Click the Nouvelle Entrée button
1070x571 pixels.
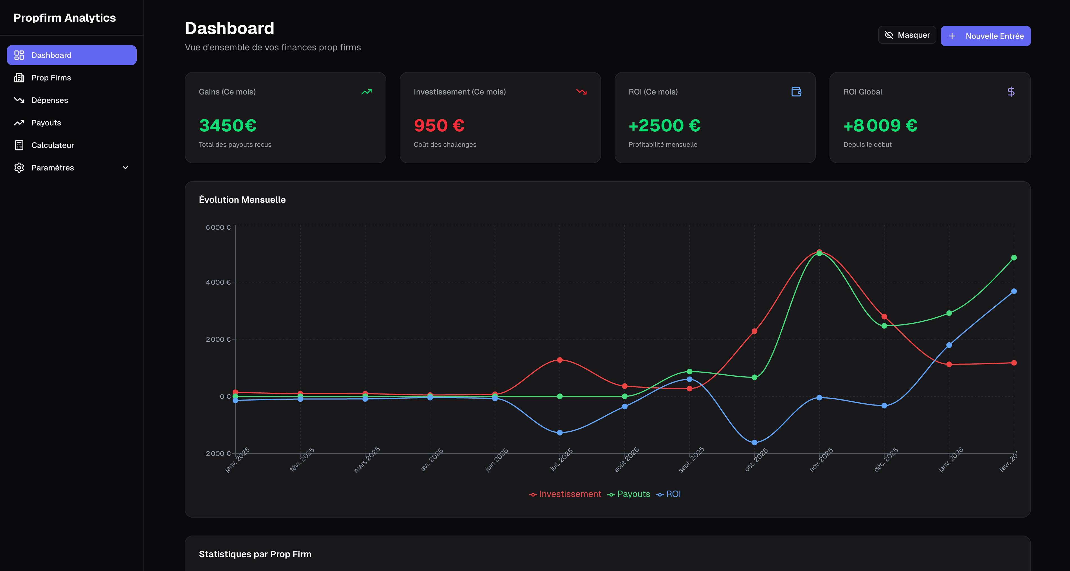(985, 36)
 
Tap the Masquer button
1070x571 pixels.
(907, 35)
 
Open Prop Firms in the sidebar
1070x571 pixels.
(51, 78)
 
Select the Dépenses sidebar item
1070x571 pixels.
(50, 100)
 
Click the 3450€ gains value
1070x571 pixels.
(228, 125)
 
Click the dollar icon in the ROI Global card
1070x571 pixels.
(1011, 92)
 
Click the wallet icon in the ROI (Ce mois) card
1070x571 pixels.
(796, 92)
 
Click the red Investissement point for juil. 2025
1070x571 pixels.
(559, 360)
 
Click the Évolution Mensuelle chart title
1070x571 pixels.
(242, 200)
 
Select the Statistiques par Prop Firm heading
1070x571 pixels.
(255, 554)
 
